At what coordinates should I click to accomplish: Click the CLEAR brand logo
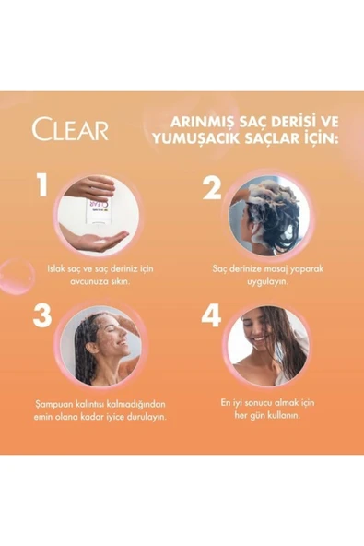(69, 129)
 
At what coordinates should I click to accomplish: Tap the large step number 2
(213, 188)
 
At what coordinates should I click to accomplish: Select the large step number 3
(41, 316)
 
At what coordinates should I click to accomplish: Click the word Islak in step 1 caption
(56, 268)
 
